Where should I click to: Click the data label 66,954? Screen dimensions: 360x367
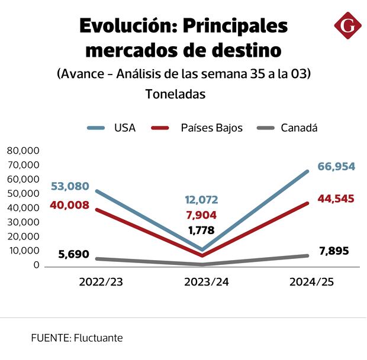point(336,167)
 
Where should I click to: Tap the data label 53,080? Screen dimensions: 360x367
point(70,187)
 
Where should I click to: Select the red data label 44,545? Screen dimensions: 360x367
point(336,199)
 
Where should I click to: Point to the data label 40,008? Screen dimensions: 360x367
point(70,205)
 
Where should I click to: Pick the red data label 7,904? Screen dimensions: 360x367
point(201,215)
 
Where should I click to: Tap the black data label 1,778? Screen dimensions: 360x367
point(201,231)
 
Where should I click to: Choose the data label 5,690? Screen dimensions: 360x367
point(73,255)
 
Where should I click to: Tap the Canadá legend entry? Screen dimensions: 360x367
point(299,128)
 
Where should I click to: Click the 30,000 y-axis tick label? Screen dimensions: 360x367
point(23,222)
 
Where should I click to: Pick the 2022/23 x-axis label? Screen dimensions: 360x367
point(101,282)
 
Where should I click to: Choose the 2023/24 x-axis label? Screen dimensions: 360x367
point(206,282)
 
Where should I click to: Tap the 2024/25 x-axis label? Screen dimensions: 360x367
point(312,282)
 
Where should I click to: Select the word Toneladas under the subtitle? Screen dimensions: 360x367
point(175,94)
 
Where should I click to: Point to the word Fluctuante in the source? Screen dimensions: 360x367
point(98,338)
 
